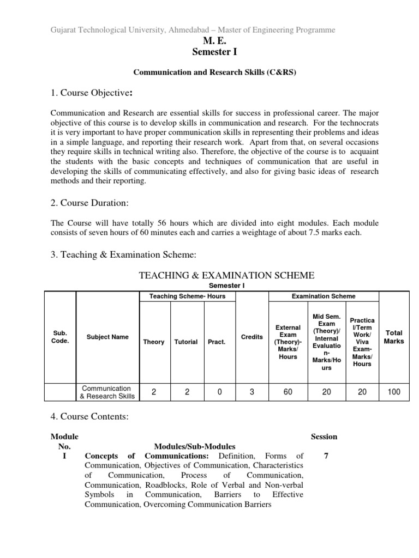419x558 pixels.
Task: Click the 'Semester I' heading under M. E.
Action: [209, 52]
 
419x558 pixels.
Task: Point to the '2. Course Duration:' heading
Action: [89, 203]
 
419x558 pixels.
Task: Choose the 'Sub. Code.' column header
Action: [60, 337]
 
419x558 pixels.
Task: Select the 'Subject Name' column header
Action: [107, 337]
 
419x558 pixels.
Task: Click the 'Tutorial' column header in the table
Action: [186, 342]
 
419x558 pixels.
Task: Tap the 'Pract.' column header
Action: [216, 342]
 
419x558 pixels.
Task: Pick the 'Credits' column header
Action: [252, 337]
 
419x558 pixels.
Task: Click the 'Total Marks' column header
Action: [393, 337]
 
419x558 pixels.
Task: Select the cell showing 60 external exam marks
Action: [288, 391]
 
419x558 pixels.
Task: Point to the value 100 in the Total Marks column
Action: [393, 391]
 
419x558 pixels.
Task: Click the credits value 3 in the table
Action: [252, 391]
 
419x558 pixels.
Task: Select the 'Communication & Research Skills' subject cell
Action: [107, 392]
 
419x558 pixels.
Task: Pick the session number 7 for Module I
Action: [326, 456]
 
